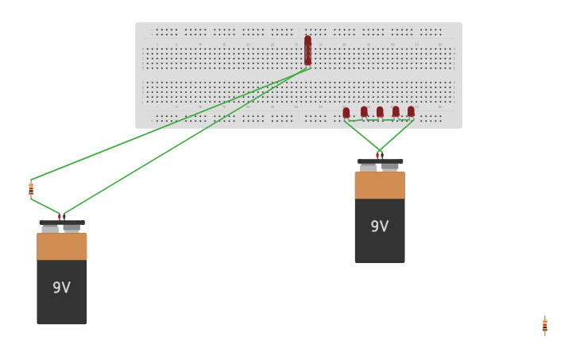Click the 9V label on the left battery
[x=61, y=288]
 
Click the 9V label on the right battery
[x=379, y=226]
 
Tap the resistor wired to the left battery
[x=31, y=189]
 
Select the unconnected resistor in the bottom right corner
[x=544, y=326]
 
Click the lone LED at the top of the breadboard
[x=307, y=48]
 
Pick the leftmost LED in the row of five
[x=346, y=113]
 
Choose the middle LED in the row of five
[x=380, y=112]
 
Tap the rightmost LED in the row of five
[x=411, y=112]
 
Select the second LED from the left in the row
[x=364, y=112]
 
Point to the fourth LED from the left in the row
[x=396, y=112]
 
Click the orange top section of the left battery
[x=61, y=246]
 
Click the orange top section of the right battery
[x=379, y=185]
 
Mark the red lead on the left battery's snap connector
[x=59, y=216]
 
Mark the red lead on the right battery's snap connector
[x=378, y=155]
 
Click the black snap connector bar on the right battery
[x=380, y=161]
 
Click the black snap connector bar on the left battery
[x=61, y=223]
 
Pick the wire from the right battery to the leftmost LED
[x=361, y=135]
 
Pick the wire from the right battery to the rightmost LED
[x=397, y=135]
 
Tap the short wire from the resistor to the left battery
[x=45, y=207]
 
